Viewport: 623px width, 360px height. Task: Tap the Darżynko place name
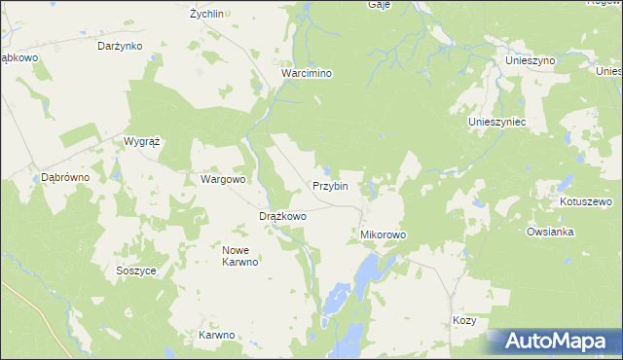coord(121,46)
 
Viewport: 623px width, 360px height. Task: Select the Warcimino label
coord(307,73)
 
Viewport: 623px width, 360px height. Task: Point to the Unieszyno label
coord(530,60)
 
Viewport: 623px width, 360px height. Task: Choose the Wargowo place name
coord(223,180)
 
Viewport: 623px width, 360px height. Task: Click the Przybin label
coord(330,186)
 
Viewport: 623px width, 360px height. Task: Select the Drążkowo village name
coord(282,216)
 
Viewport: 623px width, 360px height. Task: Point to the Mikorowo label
coord(383,235)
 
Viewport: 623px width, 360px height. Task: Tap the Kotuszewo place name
coord(585,202)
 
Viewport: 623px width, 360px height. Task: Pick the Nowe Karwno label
coord(239,255)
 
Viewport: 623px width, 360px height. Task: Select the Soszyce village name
coord(135,271)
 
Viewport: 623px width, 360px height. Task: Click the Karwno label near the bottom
coord(217,336)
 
